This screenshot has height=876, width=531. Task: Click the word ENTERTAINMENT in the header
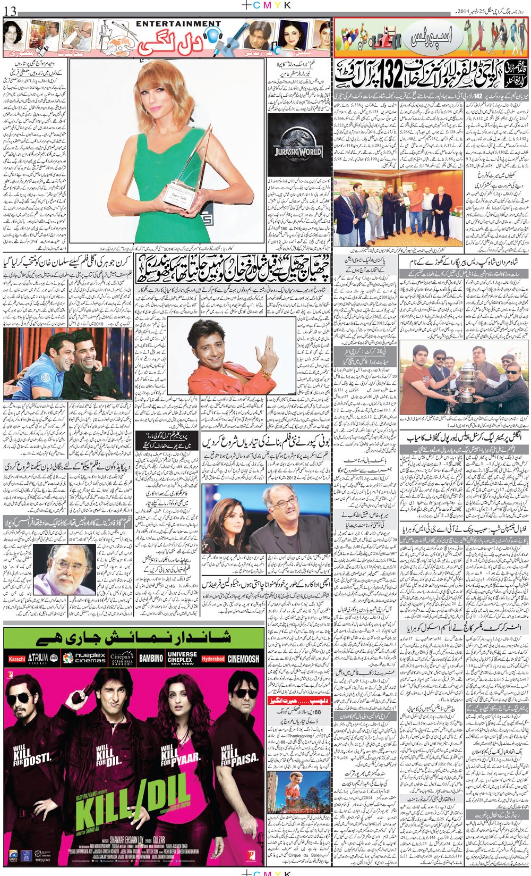tap(178, 24)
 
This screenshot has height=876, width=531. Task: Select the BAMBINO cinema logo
tap(151, 658)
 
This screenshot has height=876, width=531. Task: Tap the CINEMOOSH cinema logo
tap(244, 659)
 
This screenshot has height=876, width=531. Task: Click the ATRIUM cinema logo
tap(39, 659)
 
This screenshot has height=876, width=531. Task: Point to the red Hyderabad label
tap(213, 659)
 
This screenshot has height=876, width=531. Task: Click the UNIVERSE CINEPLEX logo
tap(182, 658)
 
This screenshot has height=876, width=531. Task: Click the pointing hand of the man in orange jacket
tap(267, 351)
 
